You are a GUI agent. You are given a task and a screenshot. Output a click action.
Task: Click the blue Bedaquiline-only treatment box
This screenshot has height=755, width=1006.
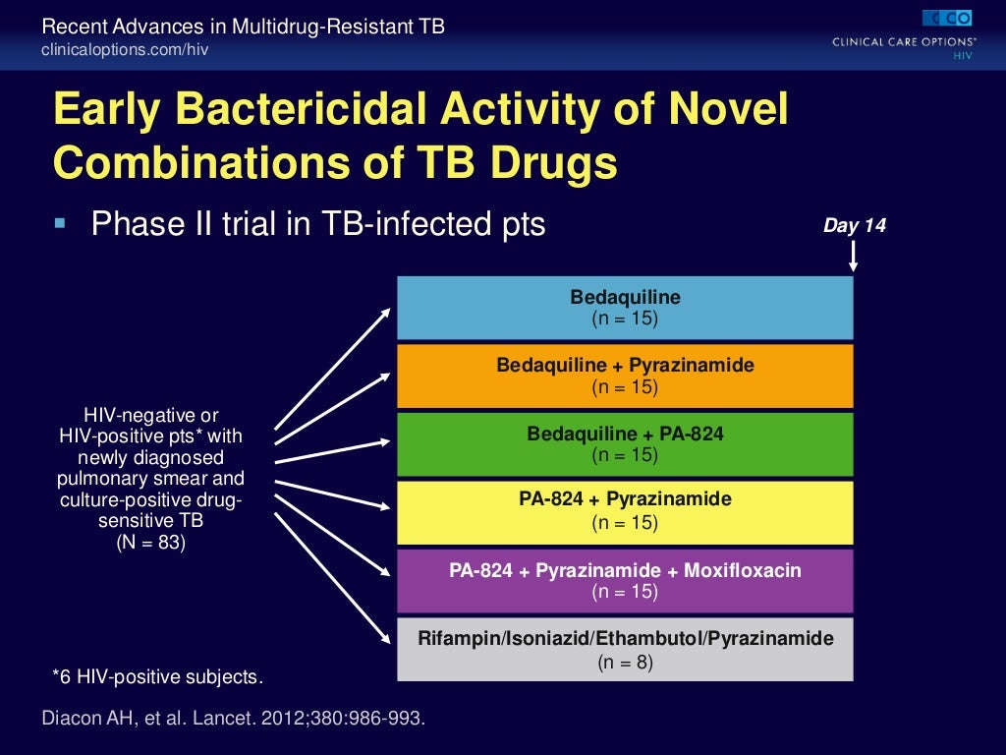(625, 308)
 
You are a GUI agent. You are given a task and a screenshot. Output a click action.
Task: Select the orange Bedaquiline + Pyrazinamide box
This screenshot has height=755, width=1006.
(625, 376)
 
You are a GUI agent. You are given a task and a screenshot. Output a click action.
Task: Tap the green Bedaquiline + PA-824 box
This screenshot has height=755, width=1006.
(625, 444)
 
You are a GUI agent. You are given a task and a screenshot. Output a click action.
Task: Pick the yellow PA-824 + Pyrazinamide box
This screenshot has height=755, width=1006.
(625, 511)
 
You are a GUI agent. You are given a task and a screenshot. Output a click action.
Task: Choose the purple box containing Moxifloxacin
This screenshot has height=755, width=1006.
(625, 580)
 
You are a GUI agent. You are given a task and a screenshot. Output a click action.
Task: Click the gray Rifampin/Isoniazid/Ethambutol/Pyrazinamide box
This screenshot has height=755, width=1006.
(625, 649)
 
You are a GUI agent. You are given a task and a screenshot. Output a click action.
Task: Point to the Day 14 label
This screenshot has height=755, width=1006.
(854, 226)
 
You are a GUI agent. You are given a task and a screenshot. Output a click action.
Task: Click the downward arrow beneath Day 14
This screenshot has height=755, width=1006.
(854, 257)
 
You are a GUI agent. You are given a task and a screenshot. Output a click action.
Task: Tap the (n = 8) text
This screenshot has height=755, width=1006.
(625, 663)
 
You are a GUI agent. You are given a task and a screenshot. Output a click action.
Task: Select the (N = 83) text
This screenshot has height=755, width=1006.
(150, 540)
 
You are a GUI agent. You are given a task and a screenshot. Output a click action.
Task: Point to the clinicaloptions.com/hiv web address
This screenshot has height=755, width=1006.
(125, 49)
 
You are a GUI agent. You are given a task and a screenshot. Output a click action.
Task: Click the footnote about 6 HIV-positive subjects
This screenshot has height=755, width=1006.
(158, 676)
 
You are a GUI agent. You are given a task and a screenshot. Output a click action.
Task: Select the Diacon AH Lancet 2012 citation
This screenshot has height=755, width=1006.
(234, 718)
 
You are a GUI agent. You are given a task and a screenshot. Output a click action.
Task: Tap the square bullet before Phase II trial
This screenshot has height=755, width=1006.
(61, 224)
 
